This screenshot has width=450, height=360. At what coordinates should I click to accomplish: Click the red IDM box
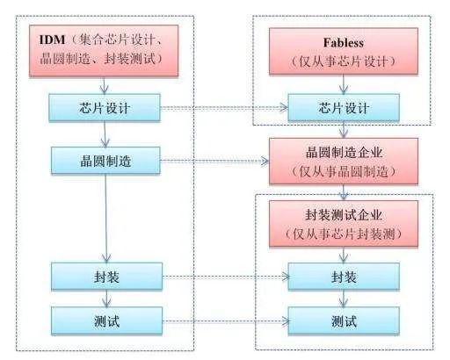(x=105, y=50)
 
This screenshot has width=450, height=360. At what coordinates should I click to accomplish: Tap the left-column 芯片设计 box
(x=105, y=109)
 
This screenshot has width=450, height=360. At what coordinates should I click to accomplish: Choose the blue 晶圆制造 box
(x=105, y=161)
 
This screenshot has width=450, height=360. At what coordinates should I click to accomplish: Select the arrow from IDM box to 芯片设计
(x=105, y=83)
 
